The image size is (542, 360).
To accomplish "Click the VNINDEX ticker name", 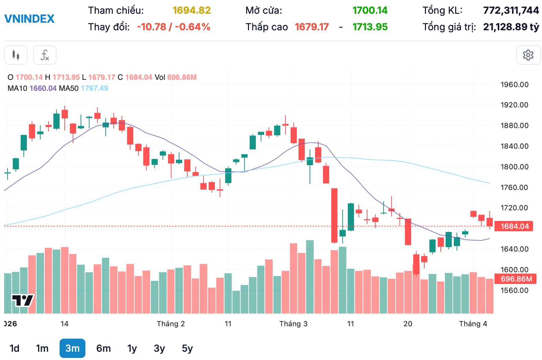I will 29,19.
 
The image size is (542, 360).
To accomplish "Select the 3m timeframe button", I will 72,348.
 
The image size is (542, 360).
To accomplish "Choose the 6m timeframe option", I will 103,348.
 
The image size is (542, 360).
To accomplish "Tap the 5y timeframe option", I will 187,348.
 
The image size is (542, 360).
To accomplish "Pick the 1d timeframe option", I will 14,348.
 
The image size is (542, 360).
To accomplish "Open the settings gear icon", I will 528,55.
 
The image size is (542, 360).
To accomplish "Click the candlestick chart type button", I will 16,55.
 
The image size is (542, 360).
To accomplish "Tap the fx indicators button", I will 45,55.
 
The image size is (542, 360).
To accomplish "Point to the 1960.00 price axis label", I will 514,85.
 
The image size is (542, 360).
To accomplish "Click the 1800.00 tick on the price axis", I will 514,167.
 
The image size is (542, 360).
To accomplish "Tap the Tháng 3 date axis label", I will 293,324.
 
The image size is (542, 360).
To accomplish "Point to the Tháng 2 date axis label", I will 170,324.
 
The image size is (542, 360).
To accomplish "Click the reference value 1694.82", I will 191,11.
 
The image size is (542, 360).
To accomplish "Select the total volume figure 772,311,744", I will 511,11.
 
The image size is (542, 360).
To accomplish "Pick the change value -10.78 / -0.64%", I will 173,27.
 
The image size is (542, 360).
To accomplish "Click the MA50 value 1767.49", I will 94,88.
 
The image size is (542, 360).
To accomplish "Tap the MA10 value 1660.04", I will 43,88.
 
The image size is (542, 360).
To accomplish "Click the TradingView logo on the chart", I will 23,300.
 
